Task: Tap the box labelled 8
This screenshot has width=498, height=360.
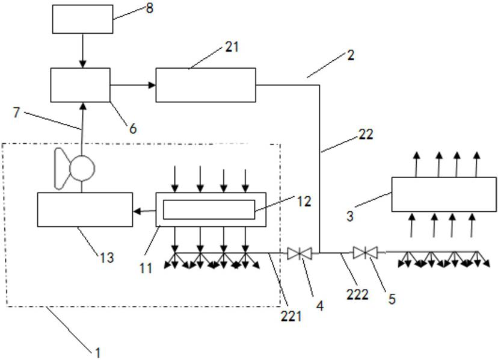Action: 82,19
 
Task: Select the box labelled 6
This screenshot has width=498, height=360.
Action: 80,85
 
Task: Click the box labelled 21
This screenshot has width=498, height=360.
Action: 206,85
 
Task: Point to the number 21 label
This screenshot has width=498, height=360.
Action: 232,47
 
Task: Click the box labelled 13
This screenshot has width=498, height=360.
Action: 85,209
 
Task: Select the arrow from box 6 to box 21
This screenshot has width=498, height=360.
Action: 133,85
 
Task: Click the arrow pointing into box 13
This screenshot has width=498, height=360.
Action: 144,211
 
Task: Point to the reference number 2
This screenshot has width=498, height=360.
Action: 351,55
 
